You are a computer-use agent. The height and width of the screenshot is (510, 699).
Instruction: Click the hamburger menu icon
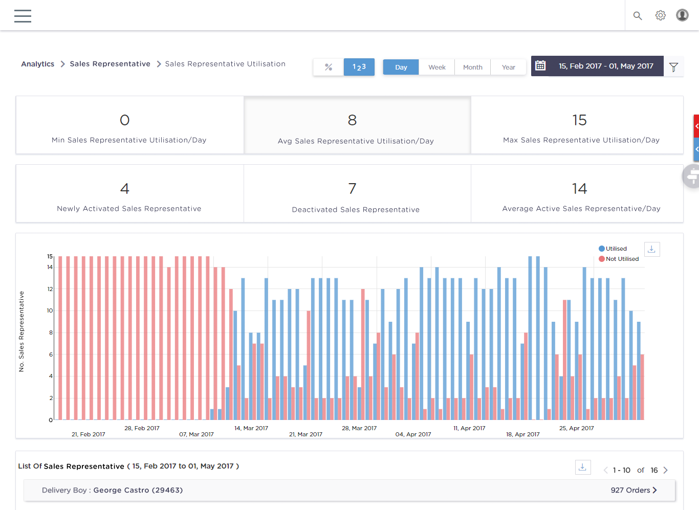click(23, 16)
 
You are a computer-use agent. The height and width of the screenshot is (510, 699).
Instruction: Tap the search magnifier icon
click(638, 16)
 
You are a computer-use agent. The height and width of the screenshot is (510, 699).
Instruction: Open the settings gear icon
click(661, 15)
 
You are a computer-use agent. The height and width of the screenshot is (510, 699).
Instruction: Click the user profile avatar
click(682, 15)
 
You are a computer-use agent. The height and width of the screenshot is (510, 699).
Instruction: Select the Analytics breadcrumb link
click(37, 64)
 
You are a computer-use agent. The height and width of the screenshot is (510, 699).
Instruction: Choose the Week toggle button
click(436, 67)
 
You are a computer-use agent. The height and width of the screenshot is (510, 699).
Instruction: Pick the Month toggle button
click(472, 67)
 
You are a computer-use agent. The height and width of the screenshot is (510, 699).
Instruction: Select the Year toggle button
click(508, 67)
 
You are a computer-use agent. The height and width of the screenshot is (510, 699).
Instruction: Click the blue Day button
click(401, 67)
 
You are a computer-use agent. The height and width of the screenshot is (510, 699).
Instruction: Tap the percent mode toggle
click(329, 67)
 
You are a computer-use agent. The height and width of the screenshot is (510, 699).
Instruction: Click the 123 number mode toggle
click(359, 67)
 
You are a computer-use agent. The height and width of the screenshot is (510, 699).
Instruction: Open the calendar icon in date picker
click(540, 65)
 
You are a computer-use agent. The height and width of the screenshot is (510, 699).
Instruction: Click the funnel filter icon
click(673, 67)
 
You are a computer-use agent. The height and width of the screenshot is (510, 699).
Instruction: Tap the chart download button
click(651, 249)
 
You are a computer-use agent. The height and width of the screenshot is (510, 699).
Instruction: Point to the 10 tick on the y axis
click(50, 311)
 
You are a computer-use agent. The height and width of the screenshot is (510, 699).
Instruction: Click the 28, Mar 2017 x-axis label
click(359, 428)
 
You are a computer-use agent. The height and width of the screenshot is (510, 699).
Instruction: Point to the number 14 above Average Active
click(579, 189)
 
